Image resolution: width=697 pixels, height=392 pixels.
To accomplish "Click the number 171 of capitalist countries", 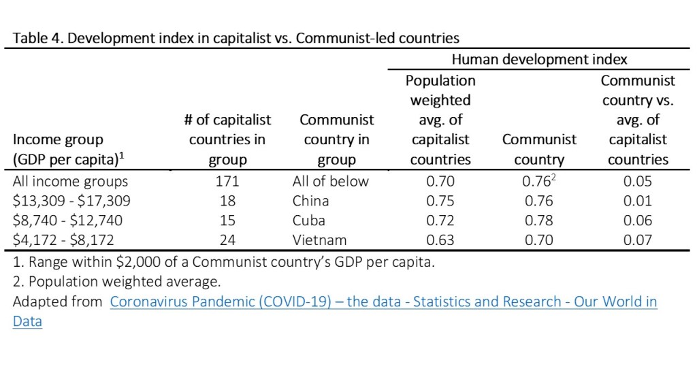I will pyautogui.click(x=227, y=181).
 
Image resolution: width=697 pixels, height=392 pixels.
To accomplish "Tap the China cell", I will pyautogui.click(x=310, y=201).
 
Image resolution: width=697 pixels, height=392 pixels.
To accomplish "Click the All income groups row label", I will pyautogui.click(x=70, y=181).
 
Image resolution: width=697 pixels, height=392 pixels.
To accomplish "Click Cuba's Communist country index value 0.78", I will pyautogui.click(x=538, y=220).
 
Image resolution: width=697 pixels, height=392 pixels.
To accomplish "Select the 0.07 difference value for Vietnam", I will pyautogui.click(x=637, y=240).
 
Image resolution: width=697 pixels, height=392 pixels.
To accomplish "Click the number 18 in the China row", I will pyautogui.click(x=227, y=201).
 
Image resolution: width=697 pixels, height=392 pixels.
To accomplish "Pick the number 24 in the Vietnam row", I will pyautogui.click(x=227, y=240).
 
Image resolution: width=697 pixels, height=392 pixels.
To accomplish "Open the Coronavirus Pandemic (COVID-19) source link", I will pyautogui.click(x=383, y=301).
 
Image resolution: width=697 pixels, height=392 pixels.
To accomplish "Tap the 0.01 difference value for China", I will pyautogui.click(x=637, y=201).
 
